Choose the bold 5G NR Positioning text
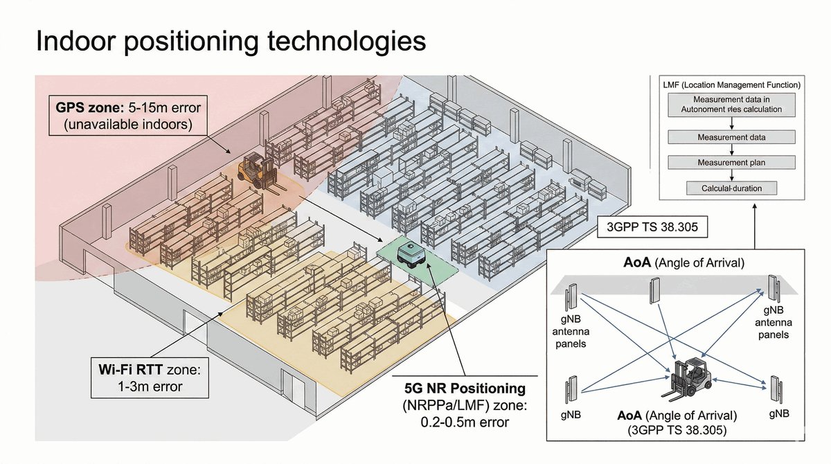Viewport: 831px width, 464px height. (x=465, y=389)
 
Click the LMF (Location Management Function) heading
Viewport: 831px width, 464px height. (x=731, y=85)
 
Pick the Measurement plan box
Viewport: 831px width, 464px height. (x=731, y=163)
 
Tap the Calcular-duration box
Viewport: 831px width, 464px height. (x=731, y=188)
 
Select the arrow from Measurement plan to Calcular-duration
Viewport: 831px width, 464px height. (x=731, y=175)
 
